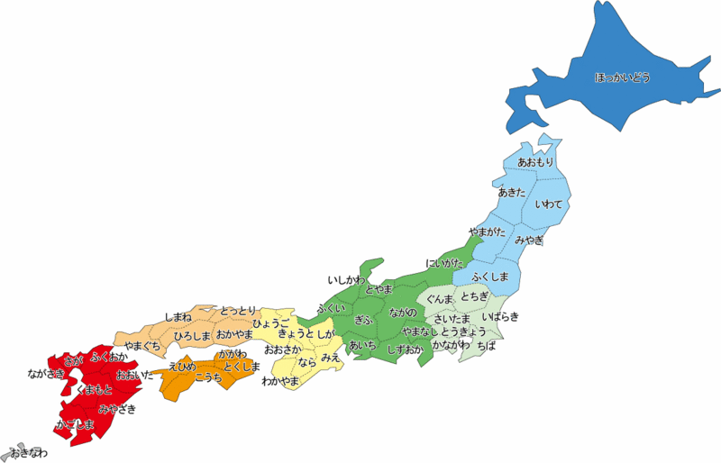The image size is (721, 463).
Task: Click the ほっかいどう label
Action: (622, 77)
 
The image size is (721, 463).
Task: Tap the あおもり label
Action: (536, 162)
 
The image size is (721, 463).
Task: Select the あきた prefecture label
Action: (512, 193)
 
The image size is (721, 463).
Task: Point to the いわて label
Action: (548, 204)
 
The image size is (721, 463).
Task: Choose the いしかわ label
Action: (347, 281)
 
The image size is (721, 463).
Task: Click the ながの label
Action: (403, 312)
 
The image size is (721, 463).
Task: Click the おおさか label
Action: (283, 349)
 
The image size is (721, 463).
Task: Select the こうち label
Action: (208, 377)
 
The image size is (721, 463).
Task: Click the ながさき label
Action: (46, 373)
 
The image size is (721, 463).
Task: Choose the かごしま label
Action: (75, 424)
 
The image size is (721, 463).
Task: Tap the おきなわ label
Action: (28, 452)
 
